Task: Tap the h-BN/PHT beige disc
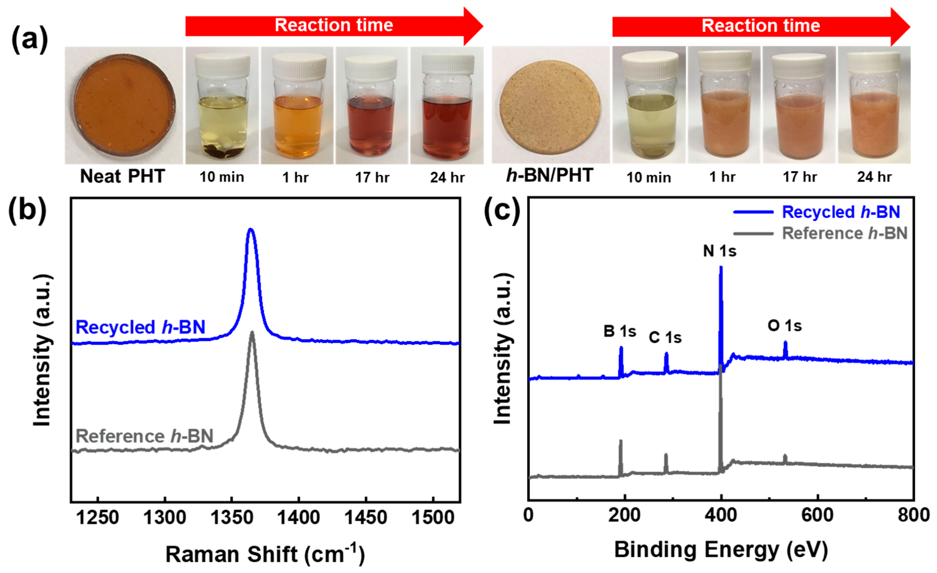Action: click(x=550, y=105)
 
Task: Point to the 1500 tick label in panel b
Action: click(x=433, y=517)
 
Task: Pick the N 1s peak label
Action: click(x=719, y=251)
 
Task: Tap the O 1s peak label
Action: click(x=785, y=325)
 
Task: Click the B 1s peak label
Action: click(x=619, y=331)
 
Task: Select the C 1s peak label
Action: click(x=665, y=337)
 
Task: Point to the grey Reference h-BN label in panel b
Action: click(x=145, y=436)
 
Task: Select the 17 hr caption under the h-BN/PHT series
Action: click(x=799, y=177)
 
